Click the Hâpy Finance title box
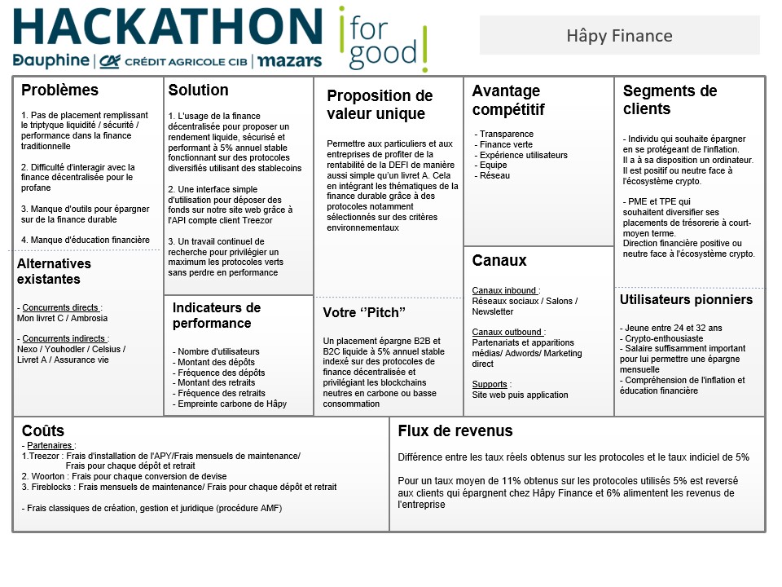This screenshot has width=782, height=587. click(x=619, y=36)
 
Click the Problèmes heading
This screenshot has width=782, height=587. click(x=59, y=90)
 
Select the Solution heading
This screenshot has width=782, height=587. click(x=198, y=90)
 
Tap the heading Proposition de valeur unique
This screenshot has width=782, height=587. click(x=380, y=105)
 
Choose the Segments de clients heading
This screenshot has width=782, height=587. click(x=670, y=100)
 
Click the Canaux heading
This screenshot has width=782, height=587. click(x=499, y=261)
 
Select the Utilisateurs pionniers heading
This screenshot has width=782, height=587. click(x=686, y=300)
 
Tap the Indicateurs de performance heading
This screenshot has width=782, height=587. click(x=216, y=316)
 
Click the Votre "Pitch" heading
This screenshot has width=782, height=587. click(x=364, y=313)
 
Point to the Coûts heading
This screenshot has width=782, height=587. click(x=43, y=430)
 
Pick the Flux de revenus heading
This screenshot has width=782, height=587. click(x=455, y=430)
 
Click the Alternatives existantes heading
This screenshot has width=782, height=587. click(x=54, y=271)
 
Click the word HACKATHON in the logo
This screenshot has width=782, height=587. click(x=167, y=27)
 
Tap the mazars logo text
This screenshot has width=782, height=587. click(x=290, y=61)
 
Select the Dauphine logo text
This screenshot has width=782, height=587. click(x=51, y=61)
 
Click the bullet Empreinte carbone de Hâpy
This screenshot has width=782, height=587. click(x=231, y=404)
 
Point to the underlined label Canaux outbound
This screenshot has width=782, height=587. click(x=507, y=332)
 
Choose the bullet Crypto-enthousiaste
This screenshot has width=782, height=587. click(x=662, y=338)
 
